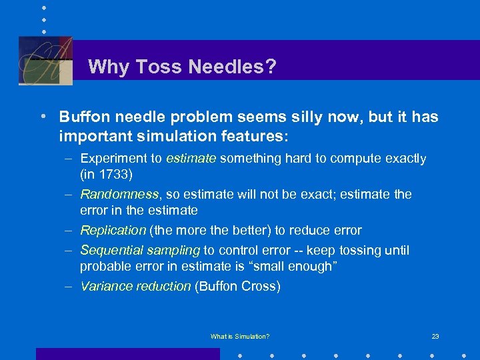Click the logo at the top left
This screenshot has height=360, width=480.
coord(45,60)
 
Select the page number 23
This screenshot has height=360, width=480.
coord(435,337)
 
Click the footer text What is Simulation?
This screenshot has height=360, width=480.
coord(240,337)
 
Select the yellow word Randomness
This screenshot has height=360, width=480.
coord(119,195)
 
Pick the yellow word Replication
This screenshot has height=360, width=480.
coord(113,231)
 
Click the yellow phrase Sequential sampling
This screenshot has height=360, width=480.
coord(140,251)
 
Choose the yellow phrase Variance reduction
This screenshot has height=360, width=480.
coord(135,287)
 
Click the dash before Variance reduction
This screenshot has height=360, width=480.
coord(69,287)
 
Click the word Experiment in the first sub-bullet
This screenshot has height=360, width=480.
coord(113,159)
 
